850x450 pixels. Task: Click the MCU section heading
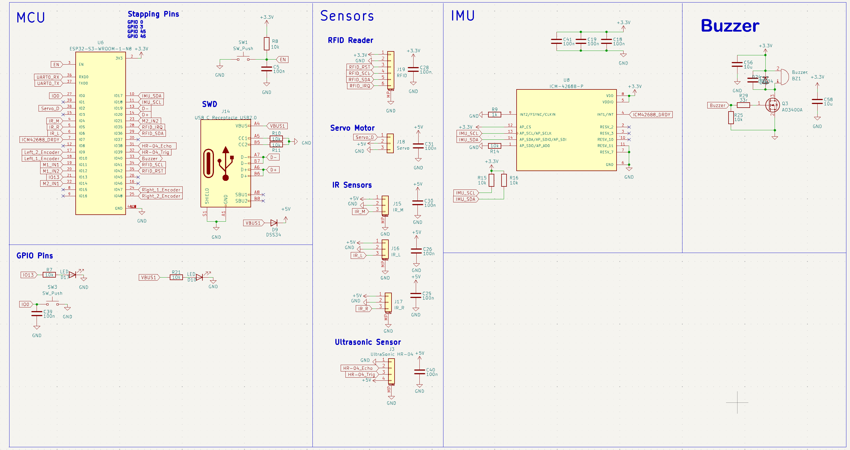click(31, 18)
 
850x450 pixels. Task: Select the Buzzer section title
click(730, 26)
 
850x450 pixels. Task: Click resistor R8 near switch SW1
click(267, 44)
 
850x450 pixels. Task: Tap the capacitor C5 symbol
click(267, 69)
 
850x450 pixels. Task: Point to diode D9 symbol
click(274, 223)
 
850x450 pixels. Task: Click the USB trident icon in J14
click(226, 164)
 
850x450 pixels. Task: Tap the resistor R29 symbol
click(743, 105)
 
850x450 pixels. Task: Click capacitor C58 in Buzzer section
click(817, 101)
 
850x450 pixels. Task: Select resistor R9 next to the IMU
click(494, 115)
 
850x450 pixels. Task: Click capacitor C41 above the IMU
click(556, 41)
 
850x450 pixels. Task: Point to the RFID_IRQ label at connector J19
click(359, 86)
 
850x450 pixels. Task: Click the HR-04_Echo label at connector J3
click(357, 368)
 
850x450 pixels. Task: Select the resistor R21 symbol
click(176, 278)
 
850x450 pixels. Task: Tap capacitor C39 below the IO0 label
click(37, 314)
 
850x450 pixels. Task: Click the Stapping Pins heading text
click(153, 14)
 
